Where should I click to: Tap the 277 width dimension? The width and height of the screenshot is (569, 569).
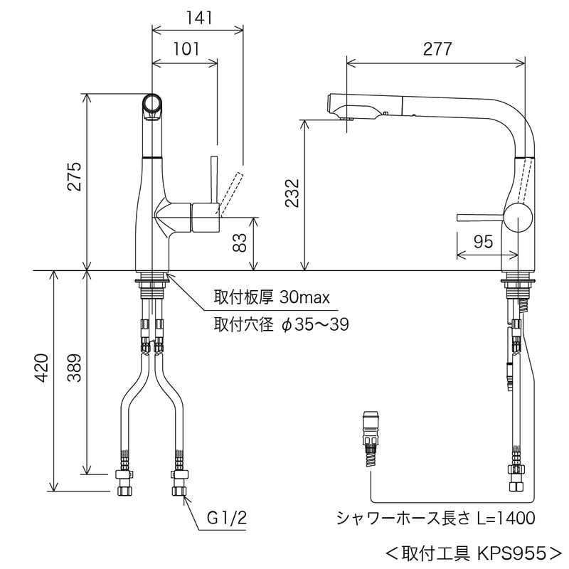pyautogui.click(x=437, y=49)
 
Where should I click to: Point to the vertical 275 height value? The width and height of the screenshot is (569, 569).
pyautogui.click(x=75, y=178)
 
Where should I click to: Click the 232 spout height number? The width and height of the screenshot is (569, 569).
pyautogui.click(x=292, y=191)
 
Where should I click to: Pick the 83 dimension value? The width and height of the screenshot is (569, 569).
pyautogui.click(x=240, y=244)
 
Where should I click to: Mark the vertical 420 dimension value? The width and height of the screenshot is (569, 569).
pyautogui.click(x=41, y=368)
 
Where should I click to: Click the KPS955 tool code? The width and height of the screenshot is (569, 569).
pyautogui.click(x=509, y=551)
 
